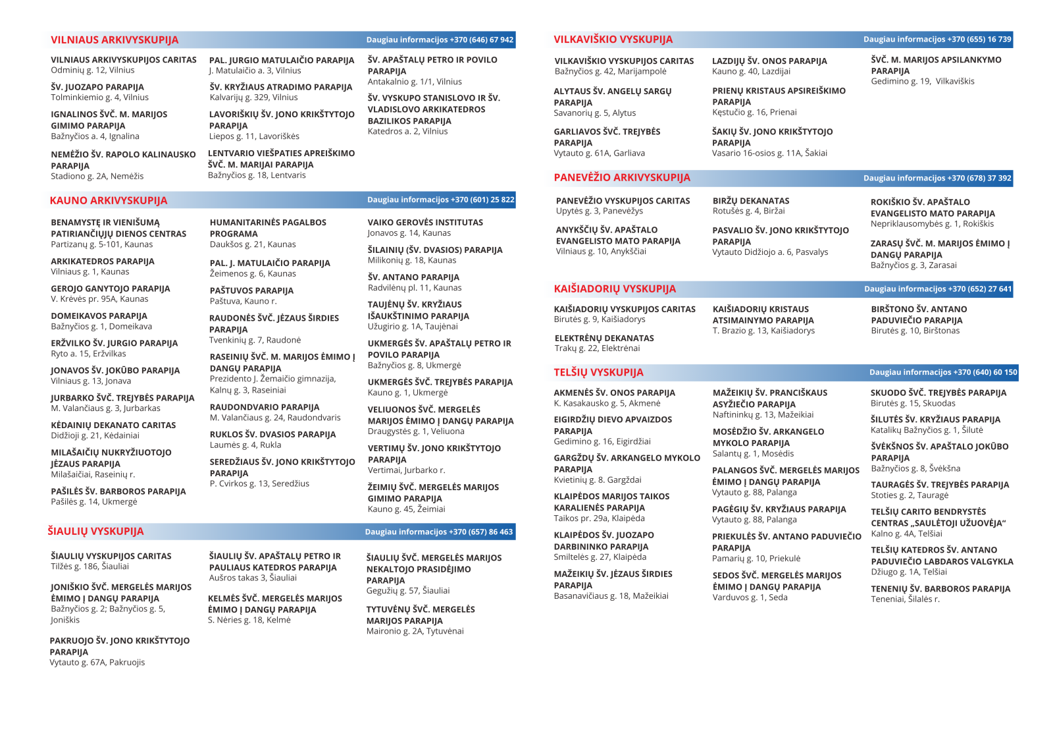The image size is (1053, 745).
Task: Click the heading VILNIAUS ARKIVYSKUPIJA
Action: (x=115, y=40)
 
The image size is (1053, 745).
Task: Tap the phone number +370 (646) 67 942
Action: (x=482, y=40)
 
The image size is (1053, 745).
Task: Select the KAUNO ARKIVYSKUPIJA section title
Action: (x=109, y=200)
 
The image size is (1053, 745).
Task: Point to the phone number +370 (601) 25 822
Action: (x=482, y=200)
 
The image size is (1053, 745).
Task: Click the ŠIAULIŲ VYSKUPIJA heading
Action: (x=95, y=532)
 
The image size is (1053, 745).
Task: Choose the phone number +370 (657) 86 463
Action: (x=480, y=532)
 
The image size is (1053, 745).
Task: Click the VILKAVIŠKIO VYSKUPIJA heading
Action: (x=613, y=40)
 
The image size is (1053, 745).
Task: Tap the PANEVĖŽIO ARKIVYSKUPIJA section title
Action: (x=622, y=178)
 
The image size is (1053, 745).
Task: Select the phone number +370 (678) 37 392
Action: (x=979, y=178)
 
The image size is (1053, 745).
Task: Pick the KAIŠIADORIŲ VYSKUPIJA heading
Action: (x=615, y=289)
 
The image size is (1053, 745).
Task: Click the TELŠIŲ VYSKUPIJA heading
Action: (x=598, y=373)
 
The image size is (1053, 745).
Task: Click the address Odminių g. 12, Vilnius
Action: (x=93, y=70)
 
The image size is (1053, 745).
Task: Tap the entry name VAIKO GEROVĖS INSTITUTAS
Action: (x=425, y=223)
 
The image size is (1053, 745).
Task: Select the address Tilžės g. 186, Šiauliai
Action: (x=90, y=566)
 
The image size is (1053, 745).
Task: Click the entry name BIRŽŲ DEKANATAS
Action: (x=751, y=201)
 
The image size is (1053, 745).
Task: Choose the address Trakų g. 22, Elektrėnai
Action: (x=597, y=348)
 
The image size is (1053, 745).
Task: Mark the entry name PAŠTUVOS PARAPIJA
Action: (x=251, y=290)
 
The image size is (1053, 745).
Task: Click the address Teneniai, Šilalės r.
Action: (x=905, y=599)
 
